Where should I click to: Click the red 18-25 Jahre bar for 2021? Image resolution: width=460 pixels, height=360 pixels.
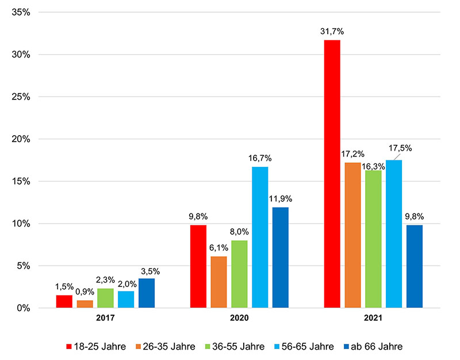pyautogui.click(x=332, y=174)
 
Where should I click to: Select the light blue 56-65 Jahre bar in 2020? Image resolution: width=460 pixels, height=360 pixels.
pyautogui.click(x=260, y=237)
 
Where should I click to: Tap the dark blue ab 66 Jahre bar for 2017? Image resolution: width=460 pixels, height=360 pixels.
pyautogui.click(x=147, y=293)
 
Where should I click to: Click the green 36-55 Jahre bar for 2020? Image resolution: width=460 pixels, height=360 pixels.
pyautogui.click(x=239, y=274)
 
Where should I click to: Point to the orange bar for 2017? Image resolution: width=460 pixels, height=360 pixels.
pyautogui.click(x=85, y=304)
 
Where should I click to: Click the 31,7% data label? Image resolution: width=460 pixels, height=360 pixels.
pyautogui.click(x=332, y=31)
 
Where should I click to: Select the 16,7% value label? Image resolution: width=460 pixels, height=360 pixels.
pyautogui.click(x=260, y=158)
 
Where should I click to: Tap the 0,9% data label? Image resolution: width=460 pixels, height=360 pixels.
pyautogui.click(x=85, y=292)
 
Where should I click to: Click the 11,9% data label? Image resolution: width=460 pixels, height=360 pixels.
pyautogui.click(x=281, y=199)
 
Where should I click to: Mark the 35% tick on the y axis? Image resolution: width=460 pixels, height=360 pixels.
pyautogui.click(x=20, y=13)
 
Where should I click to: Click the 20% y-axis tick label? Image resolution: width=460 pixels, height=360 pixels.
pyautogui.click(x=20, y=139)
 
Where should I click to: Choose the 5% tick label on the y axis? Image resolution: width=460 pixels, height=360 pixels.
pyautogui.click(x=22, y=266)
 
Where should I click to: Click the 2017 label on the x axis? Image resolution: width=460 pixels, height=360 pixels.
pyautogui.click(x=105, y=317)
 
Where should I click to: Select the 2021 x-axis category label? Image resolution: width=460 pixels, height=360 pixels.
pyautogui.click(x=373, y=317)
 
